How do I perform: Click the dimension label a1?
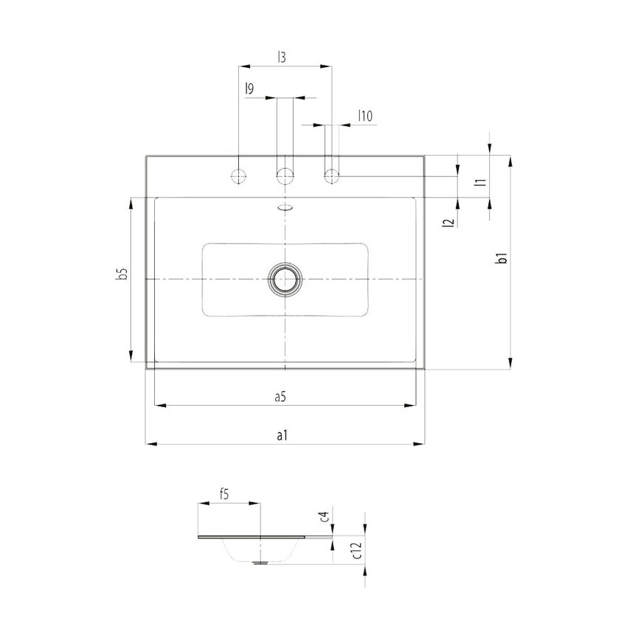tap(282, 436)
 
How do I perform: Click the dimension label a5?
tap(280, 397)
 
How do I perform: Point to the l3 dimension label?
tap(282, 56)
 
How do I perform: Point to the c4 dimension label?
tap(325, 516)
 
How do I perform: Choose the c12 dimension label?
tap(356, 550)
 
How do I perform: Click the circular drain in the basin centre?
tap(285, 280)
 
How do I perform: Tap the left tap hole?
tap(239, 176)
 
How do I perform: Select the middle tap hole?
tap(285, 176)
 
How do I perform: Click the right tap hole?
tap(331, 176)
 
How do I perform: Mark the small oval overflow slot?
tap(285, 207)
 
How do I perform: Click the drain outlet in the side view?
tap(260, 562)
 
